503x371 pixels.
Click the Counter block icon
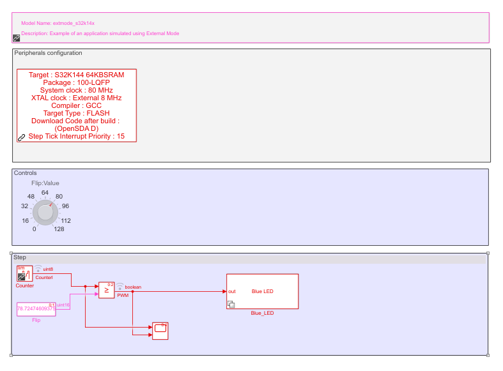pyautogui.click(x=24, y=273)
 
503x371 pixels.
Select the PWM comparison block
pyautogui.click(x=106, y=290)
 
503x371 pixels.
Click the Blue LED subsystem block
pyautogui.click(x=262, y=291)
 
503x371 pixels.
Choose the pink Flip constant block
pyautogui.click(x=36, y=308)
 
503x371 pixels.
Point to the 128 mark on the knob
pyautogui.click(x=59, y=229)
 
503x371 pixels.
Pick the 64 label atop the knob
pyautogui.click(x=45, y=192)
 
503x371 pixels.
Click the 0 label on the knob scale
pyautogui.click(x=34, y=229)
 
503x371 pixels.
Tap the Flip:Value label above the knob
pyautogui.click(x=45, y=183)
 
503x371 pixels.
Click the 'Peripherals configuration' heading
pyautogui.click(x=48, y=53)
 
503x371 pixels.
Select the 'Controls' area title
pyautogui.click(x=26, y=173)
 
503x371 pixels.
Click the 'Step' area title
pyautogui.click(x=20, y=257)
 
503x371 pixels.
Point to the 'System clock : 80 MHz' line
pyautogui.click(x=76, y=90)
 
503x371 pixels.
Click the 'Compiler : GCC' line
pyautogui.click(x=76, y=105)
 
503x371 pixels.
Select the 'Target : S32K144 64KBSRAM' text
pyautogui.click(x=76, y=75)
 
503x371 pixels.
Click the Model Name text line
pyautogui.click(x=58, y=23)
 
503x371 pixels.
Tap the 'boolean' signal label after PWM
pyautogui.click(x=133, y=287)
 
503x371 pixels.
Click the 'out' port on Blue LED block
pyautogui.click(x=231, y=292)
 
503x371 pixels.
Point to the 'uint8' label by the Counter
pyautogui.click(x=48, y=269)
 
